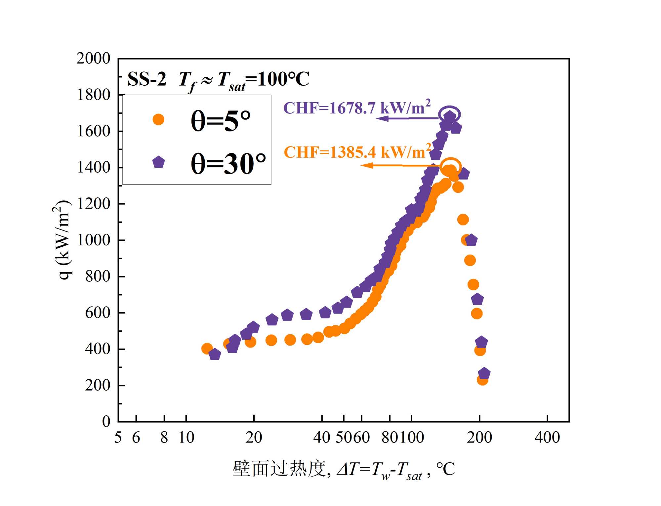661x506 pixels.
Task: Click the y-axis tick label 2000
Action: tap(93, 59)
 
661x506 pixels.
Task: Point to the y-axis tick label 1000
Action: tap(93, 240)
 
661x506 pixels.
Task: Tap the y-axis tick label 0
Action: tap(106, 422)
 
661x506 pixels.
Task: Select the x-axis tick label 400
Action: tap(547, 438)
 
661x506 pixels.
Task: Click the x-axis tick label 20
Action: tap(254, 438)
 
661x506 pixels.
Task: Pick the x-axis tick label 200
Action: tap(479, 438)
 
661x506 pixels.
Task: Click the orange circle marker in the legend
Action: tap(158, 119)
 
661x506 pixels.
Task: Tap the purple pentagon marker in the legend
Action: tap(158, 162)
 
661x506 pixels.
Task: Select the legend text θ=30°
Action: tap(228, 163)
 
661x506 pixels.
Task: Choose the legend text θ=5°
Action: tap(221, 121)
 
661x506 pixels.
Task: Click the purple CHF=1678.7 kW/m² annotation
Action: tap(357, 108)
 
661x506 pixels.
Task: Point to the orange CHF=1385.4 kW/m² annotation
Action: tap(357, 152)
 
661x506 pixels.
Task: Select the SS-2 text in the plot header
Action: tap(147, 79)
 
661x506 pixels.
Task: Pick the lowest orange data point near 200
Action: tap(482, 380)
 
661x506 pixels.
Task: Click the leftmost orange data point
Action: tap(207, 348)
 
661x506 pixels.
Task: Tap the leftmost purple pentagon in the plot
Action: tap(215, 355)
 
